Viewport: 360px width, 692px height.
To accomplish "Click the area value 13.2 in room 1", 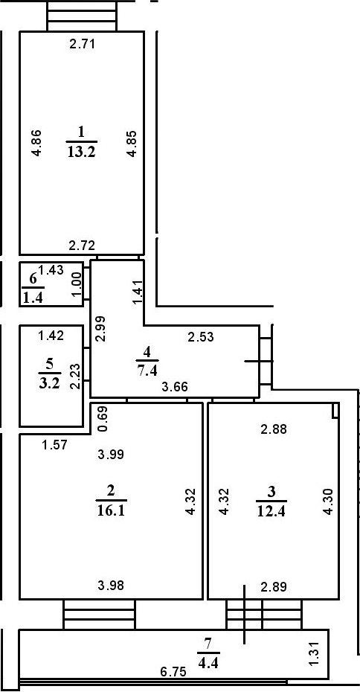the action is click(82, 152).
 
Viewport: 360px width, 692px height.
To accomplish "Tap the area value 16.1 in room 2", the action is click(111, 510).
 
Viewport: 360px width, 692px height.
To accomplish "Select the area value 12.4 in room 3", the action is click(271, 511).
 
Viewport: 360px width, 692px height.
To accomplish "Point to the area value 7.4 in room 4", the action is click(147, 369).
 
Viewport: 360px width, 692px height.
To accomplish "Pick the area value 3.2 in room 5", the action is click(49, 382).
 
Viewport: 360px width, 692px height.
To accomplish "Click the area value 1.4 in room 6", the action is click(33, 298).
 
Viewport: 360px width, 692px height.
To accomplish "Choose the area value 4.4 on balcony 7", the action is click(208, 662).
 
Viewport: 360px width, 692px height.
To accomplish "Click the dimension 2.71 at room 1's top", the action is click(83, 43).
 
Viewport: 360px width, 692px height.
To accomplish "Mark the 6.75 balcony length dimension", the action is click(173, 672).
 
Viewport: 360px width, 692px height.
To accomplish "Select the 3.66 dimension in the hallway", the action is click(175, 387).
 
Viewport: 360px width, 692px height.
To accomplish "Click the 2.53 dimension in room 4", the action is click(201, 337).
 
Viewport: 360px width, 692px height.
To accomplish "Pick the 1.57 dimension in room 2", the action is click(54, 445).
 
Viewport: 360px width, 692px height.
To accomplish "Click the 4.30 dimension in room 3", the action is click(328, 502).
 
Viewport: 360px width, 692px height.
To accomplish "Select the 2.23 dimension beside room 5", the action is click(74, 376).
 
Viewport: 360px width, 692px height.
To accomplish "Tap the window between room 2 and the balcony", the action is click(99, 615).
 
